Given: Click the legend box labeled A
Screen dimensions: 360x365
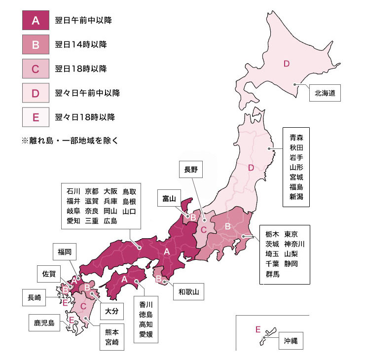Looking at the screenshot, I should [35, 21].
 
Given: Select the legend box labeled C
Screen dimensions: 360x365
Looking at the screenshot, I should [35, 69].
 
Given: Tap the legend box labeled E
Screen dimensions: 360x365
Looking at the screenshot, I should [35, 117].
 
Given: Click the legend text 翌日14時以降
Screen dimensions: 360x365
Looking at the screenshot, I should [81, 45].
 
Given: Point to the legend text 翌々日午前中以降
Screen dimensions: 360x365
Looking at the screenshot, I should [87, 93].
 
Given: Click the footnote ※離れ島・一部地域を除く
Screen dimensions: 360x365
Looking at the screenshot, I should [70, 140].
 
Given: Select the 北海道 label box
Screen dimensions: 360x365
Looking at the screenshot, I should [325, 93].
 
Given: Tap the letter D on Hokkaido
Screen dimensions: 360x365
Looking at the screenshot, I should [286, 63].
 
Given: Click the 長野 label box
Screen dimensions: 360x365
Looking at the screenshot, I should [191, 170].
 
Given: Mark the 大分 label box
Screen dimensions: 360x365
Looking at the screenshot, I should [111, 312].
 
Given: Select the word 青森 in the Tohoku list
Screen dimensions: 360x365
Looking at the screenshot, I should [296, 138].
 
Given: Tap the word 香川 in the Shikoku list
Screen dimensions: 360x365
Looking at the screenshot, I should [146, 304].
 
